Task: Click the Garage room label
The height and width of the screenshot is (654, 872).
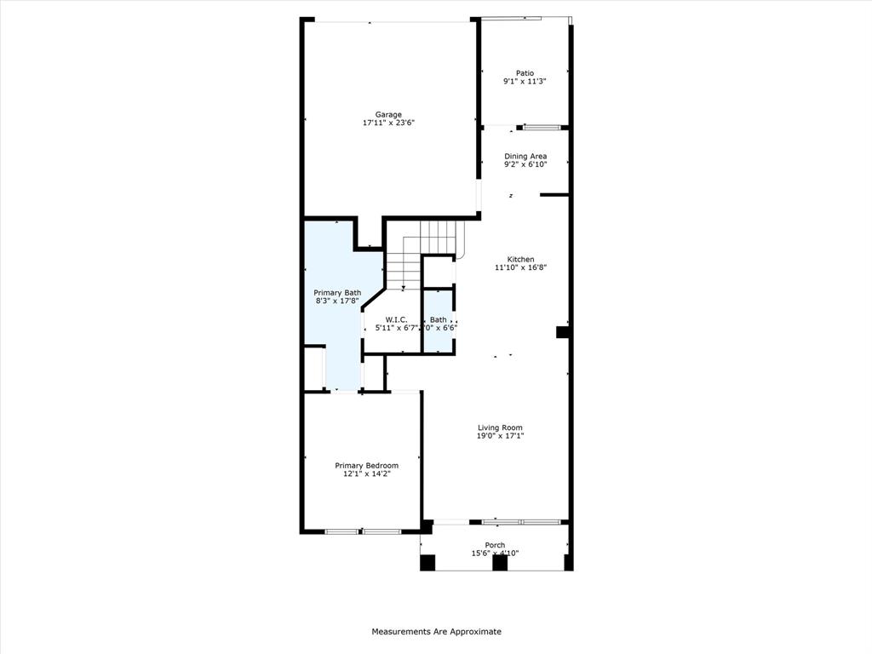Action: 388,115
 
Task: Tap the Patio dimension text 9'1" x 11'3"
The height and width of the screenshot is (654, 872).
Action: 525,82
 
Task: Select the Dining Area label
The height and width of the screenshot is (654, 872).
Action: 525,156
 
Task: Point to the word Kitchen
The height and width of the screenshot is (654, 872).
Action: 520,259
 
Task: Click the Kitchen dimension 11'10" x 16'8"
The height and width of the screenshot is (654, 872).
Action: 520,267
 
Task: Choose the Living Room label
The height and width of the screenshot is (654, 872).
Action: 500,427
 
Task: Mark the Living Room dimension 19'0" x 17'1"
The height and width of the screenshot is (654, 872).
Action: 500,436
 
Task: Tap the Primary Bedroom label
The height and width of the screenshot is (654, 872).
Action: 366,466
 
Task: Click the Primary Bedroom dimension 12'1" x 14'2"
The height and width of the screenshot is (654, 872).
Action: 366,474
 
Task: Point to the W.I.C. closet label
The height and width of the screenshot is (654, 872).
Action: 396,319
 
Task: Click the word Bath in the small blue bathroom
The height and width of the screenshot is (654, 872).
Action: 439,319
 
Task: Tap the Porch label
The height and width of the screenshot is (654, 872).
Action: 495,545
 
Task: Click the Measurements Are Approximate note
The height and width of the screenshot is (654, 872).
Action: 436,632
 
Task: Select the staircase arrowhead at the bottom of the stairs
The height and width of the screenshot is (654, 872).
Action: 403,289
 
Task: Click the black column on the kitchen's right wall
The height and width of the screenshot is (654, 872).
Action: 562,332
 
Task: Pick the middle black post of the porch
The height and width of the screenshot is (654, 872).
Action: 499,563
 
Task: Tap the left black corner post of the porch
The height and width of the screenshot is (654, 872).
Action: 427,563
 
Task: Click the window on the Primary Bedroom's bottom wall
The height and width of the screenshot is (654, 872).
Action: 363,531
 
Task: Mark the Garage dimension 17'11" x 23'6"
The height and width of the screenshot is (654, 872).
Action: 388,123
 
